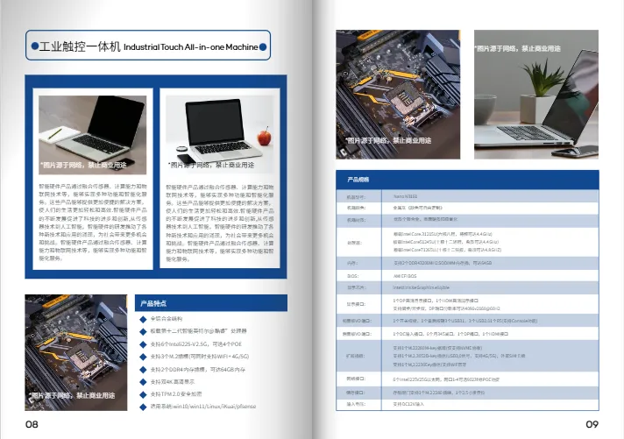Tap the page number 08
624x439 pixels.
click(x=32, y=424)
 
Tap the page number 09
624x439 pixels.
click(x=592, y=424)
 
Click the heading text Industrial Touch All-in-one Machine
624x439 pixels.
click(x=191, y=46)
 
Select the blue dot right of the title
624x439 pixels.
click(x=264, y=46)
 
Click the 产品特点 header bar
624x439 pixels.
click(x=209, y=302)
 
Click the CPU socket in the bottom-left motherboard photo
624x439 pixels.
click(x=76, y=350)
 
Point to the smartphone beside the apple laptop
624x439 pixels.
click(x=182, y=147)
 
